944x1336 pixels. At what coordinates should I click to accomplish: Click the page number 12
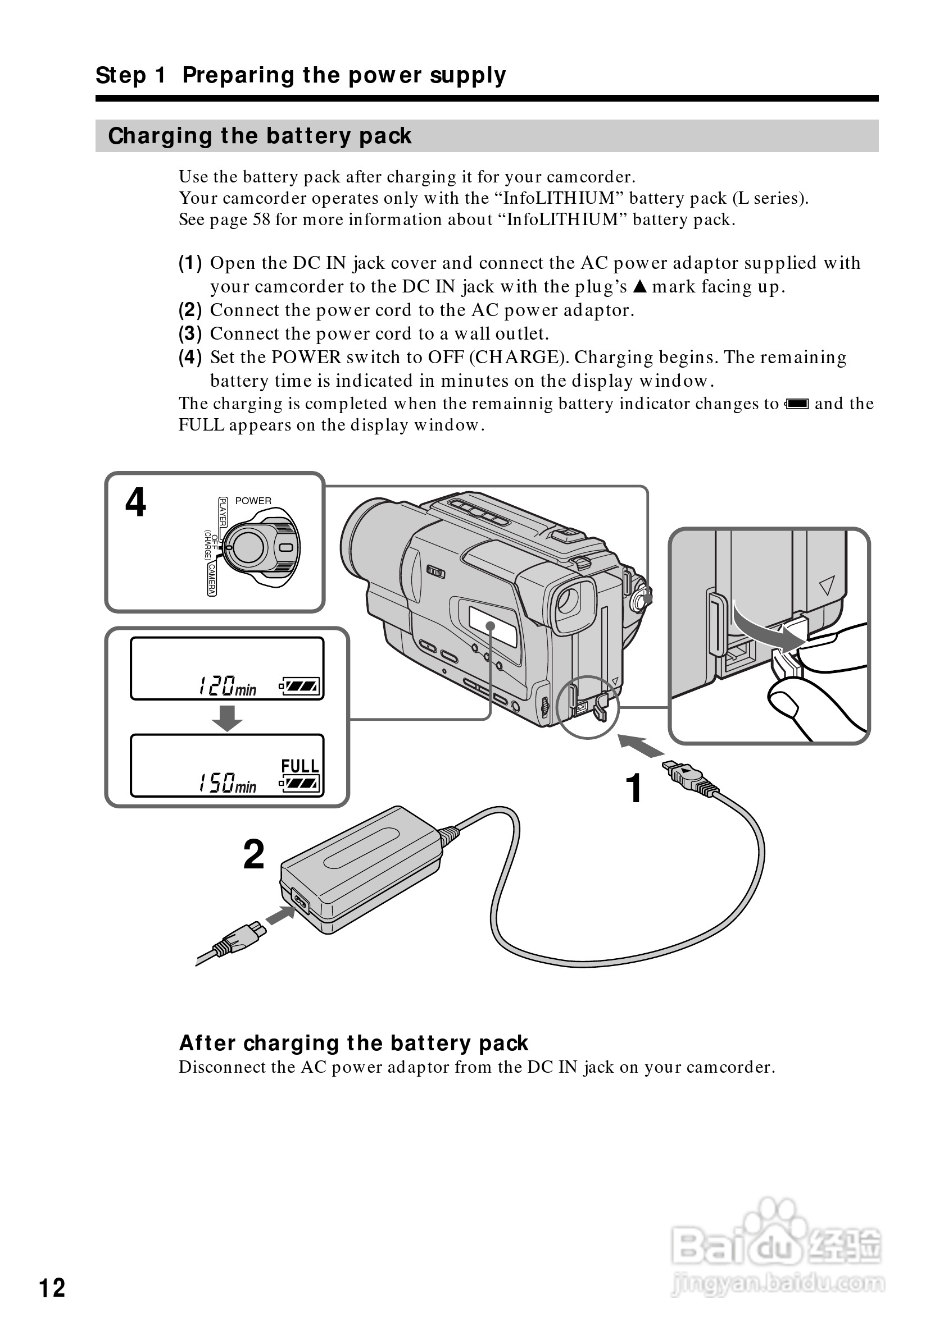(52, 1288)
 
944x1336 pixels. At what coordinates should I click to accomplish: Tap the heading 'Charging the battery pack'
(260, 136)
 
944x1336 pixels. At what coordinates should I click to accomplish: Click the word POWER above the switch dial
(253, 500)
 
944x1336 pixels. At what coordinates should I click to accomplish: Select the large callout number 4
(135, 502)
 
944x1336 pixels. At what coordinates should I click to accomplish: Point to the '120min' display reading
(227, 686)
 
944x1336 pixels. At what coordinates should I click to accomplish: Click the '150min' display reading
(227, 783)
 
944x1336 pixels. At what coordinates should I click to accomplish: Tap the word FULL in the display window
(300, 766)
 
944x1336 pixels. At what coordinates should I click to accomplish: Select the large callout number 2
(254, 854)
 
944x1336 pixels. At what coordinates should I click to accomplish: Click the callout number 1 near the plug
(634, 789)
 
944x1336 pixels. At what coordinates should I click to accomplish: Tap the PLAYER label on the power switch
(223, 512)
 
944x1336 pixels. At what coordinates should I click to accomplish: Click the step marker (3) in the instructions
(190, 333)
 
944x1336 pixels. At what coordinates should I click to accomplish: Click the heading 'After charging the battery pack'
(353, 1044)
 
